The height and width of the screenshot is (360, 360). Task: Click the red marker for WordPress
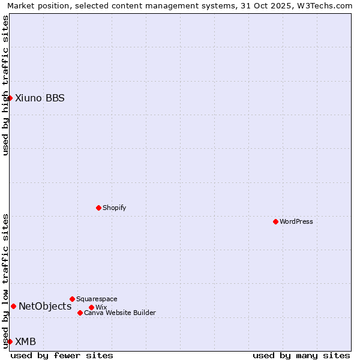[275, 221]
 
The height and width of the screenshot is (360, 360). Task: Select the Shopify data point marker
[98, 208]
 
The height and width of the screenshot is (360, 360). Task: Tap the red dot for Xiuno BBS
[10, 98]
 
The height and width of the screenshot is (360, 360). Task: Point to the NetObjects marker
[13, 306]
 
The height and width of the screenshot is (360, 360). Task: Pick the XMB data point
[10, 341]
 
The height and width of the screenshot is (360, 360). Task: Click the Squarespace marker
[72, 299]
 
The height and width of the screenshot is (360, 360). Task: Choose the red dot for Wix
[91, 307]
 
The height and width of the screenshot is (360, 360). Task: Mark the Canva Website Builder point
[80, 313]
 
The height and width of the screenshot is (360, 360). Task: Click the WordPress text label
[296, 221]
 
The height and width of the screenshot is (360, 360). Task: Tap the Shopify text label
[114, 208]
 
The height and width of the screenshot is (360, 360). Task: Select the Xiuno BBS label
[40, 98]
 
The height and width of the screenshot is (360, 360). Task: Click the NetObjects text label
[45, 306]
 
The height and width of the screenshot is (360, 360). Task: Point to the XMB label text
[25, 341]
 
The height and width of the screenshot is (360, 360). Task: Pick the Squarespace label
[97, 299]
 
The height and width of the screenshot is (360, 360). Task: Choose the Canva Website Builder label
[120, 313]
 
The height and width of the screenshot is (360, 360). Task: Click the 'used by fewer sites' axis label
[62, 355]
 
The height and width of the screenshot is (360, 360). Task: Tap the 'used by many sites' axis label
[301, 355]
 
